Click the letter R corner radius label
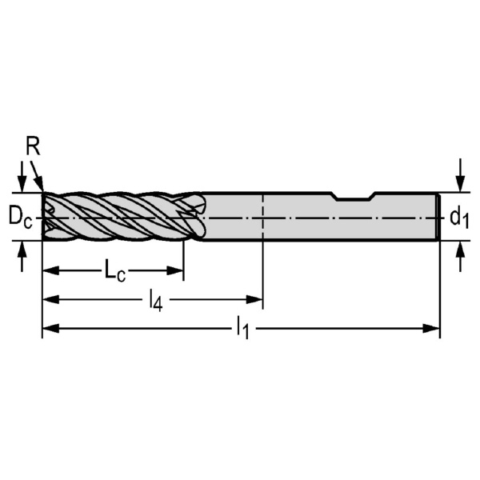click(x=33, y=146)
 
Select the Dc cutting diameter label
click(x=20, y=218)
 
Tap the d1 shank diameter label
click(x=459, y=218)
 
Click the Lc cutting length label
click(x=114, y=270)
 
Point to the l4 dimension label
click(x=155, y=301)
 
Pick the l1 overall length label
click(x=242, y=329)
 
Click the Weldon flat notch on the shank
click(x=354, y=197)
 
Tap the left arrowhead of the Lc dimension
click(x=50, y=270)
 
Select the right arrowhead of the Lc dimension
click(x=174, y=270)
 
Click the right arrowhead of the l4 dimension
click(x=254, y=300)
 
